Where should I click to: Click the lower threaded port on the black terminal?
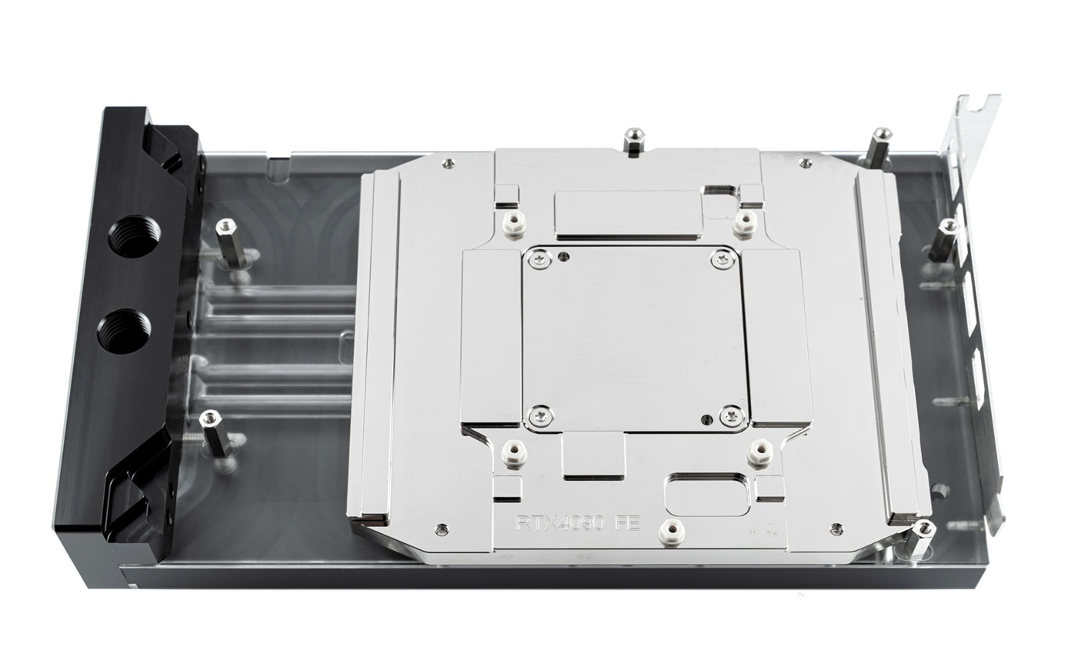tap(124, 331)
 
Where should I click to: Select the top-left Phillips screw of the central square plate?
tap(540, 260)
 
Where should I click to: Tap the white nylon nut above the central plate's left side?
tap(514, 223)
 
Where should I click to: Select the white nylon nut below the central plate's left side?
tap(515, 453)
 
